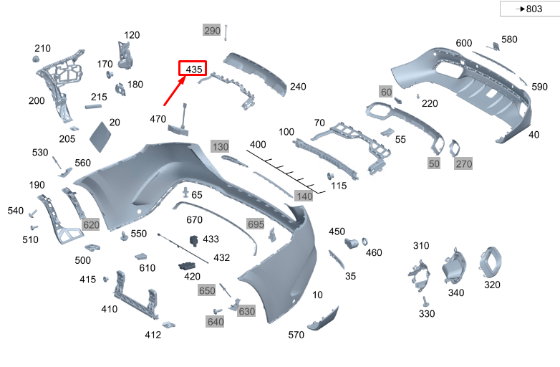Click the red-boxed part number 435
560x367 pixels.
pos(193,69)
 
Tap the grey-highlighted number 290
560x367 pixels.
pos(212,31)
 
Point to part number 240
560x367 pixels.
pos(298,87)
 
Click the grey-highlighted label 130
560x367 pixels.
pos(220,146)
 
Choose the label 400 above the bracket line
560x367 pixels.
pos(258,145)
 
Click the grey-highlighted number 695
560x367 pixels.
pos(256,224)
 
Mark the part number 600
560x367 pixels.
pos(464,43)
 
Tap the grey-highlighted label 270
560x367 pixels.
pos(464,164)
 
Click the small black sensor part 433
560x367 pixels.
pos(193,240)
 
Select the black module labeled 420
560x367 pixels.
pos(190,267)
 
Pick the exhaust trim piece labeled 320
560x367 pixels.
pos(492,261)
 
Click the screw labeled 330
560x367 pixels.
pos(425,301)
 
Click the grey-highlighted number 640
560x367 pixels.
pos(216,322)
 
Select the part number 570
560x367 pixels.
pos(296,335)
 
